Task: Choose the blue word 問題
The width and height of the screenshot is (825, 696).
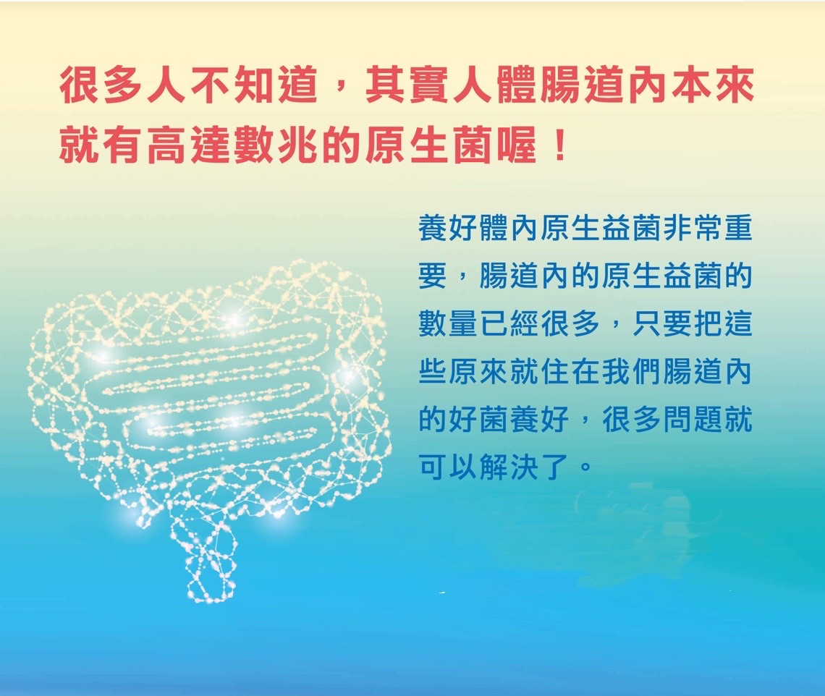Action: pyautogui.click(x=693, y=419)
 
